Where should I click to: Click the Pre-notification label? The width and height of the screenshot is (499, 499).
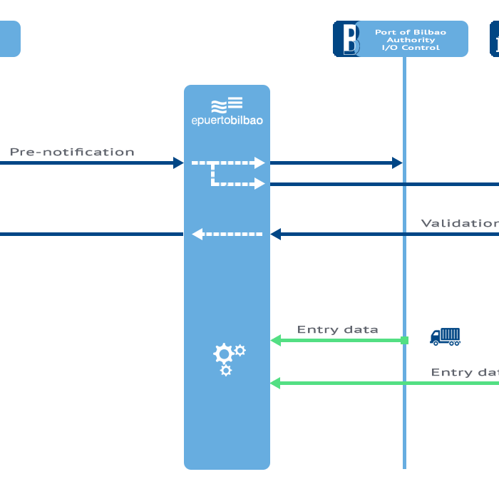point(72,152)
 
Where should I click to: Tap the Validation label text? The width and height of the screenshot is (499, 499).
point(460,223)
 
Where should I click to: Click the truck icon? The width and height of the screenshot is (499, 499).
point(446,336)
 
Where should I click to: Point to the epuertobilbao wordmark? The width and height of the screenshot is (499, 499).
point(227,120)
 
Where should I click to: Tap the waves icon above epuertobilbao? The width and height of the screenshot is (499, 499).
point(227,104)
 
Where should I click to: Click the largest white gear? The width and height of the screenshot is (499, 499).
point(224,354)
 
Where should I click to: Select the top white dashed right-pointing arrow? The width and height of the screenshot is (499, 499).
point(228,163)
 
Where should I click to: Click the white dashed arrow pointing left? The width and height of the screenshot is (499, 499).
point(227,234)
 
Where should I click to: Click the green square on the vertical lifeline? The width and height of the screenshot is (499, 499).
point(404,341)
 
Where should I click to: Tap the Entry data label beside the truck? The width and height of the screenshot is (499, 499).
point(337,329)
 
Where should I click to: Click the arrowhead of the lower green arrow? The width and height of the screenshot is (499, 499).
point(275,384)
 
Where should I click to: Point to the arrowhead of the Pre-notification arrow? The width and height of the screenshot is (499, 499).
point(178,163)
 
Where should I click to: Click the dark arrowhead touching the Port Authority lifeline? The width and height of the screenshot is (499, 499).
point(397,163)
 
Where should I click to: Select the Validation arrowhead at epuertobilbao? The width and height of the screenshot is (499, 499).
point(276,234)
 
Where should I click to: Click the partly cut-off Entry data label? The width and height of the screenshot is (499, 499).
point(464,372)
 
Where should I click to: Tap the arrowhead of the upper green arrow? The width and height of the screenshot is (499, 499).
point(275,341)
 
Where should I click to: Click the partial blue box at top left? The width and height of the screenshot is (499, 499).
point(9,38)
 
